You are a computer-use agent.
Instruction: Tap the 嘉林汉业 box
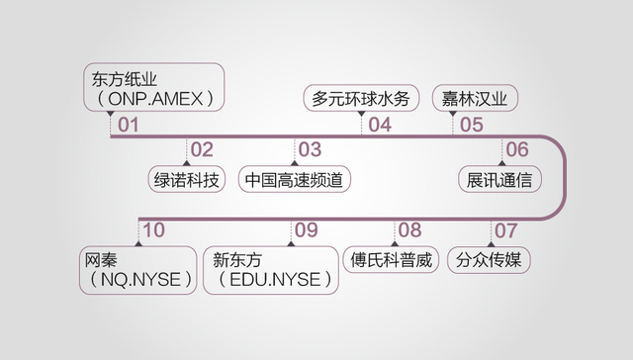pos(475,99)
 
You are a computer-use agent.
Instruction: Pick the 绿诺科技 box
pos(185,180)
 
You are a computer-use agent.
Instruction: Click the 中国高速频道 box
pos(296,180)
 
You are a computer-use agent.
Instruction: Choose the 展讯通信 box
pos(499,180)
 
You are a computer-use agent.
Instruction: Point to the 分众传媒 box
pos(491,261)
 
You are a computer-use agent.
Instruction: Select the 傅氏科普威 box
pos(393,261)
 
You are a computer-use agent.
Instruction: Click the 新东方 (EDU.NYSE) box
pos(270,270)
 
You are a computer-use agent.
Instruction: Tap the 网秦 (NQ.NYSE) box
pos(138,270)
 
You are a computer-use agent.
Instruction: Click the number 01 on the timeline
pos(130,126)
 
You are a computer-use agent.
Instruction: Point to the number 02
pos(202,149)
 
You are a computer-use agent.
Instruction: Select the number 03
pos(310,149)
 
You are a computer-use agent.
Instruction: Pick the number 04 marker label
pos(380,126)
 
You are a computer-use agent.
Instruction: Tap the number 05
pos(472,126)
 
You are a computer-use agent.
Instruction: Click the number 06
pos(517,149)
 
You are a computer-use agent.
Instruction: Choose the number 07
pos(505,230)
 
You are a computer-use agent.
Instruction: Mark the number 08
pos(409,230)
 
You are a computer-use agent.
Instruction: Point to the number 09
pos(306,230)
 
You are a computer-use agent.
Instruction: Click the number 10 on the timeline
pos(153,230)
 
